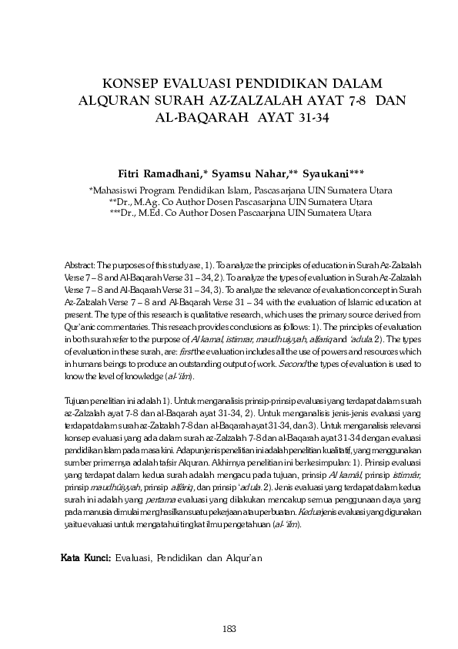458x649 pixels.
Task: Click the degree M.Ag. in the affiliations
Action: click(152, 202)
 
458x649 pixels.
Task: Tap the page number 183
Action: click(229, 627)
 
